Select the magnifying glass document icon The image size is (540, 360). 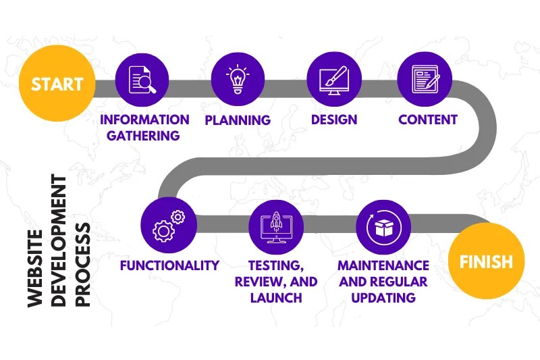click(142, 79)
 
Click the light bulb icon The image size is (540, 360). click(237, 79)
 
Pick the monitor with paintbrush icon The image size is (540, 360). click(333, 79)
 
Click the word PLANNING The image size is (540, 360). click(238, 120)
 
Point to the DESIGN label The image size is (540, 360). click(333, 120)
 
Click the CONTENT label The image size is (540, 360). click(428, 120)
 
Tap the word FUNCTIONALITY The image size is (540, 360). click(169, 265)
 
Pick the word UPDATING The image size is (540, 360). click(383, 298)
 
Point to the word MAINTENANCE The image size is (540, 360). click(383, 265)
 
